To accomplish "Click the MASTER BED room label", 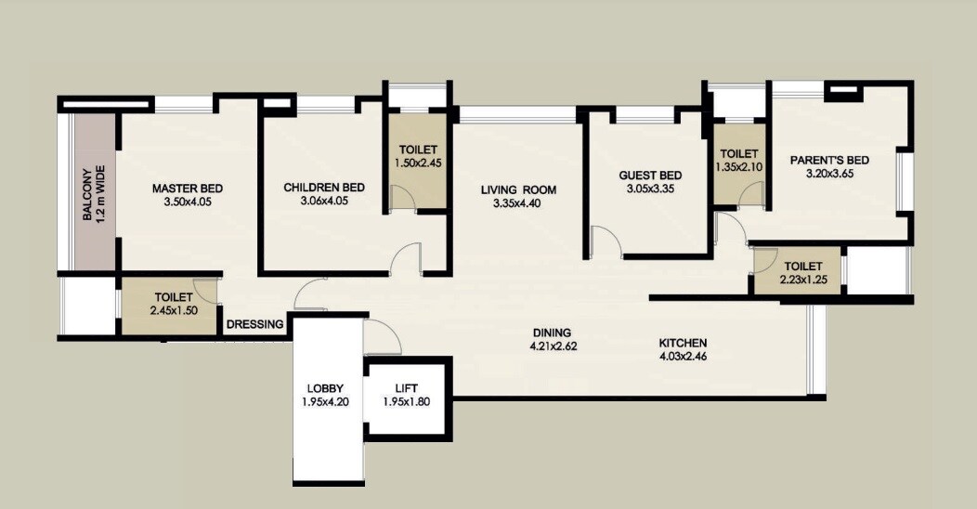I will coord(187,189).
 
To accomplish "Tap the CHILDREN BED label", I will coord(324,188).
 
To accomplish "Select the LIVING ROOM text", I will coord(518,190).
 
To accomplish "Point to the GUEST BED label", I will coord(650,176).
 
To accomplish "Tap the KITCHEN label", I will coord(683,341).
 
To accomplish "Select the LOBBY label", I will coord(324,388).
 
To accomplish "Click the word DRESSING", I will coord(254,324).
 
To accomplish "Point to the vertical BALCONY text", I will coord(86,195).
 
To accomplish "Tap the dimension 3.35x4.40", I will coord(518,203).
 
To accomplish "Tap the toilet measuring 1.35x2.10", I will coord(738,160).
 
